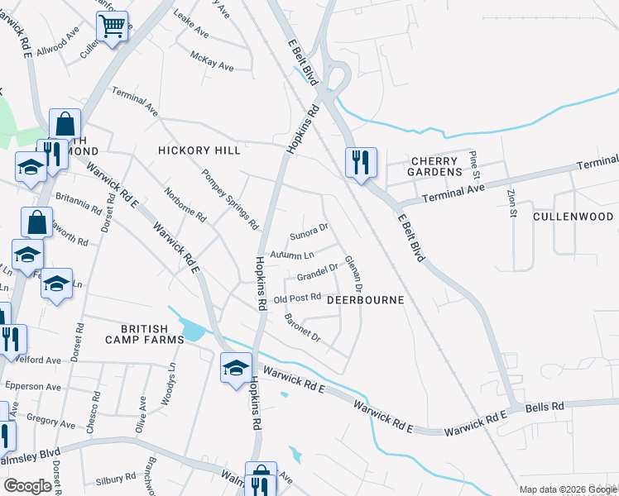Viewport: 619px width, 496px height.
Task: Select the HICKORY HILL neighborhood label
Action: coord(199,150)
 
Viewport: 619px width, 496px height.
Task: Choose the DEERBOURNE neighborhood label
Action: coord(365,301)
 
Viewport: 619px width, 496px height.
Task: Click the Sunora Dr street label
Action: coord(309,229)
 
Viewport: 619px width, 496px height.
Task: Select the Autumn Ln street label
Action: coord(291,255)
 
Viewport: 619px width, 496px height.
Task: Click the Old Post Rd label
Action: coord(297,298)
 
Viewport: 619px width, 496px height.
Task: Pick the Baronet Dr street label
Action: coord(302,327)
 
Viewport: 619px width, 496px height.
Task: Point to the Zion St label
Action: coord(511,202)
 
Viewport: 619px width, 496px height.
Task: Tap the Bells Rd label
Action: coord(545,407)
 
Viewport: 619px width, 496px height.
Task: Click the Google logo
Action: coord(27,485)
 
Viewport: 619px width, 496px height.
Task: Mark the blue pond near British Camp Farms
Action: coord(192,331)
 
